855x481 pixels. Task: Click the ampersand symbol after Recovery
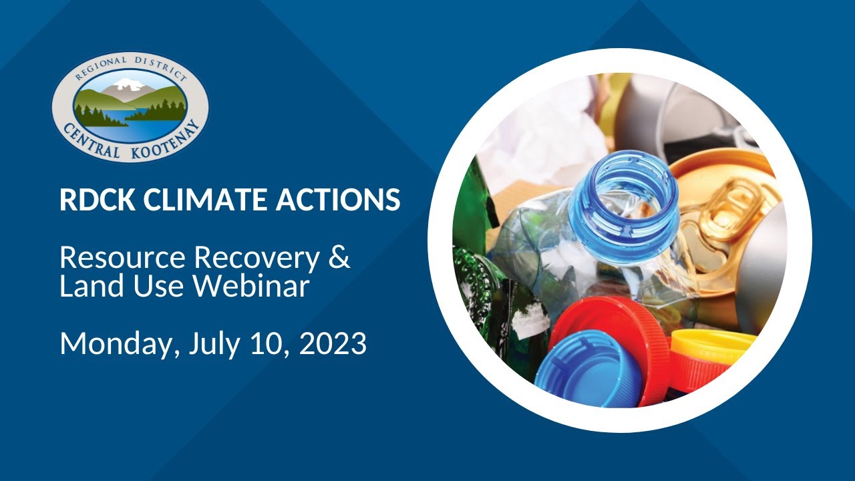340,257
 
